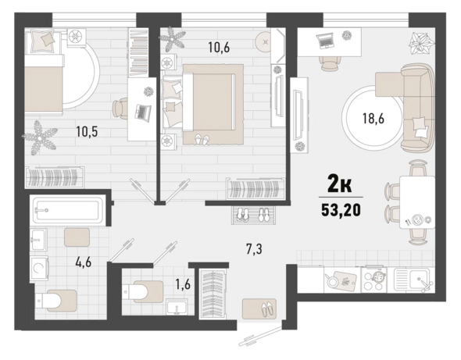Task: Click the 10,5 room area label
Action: click(87, 132)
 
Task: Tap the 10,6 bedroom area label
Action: click(219, 47)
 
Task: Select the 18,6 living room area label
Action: click(373, 119)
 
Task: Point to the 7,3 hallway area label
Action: click(254, 249)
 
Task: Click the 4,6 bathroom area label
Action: click(84, 262)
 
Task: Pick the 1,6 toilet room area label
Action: click(183, 284)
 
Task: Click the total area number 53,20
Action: click(341, 210)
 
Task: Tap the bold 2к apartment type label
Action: click(340, 185)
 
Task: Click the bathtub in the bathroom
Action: click(68, 210)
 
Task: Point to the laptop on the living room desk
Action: click(325, 41)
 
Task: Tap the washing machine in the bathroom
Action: click(39, 268)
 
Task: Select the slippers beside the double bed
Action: click(202, 140)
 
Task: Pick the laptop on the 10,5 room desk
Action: click(142, 112)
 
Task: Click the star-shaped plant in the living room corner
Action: click(421, 43)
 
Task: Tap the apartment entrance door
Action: click(259, 336)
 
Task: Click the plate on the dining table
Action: click(416, 219)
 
